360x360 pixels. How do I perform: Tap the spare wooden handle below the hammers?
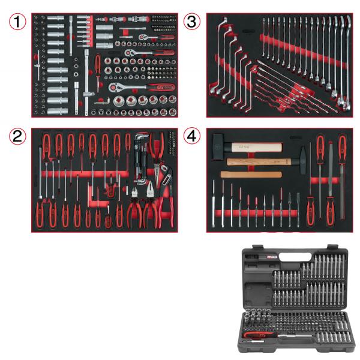[251, 175]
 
